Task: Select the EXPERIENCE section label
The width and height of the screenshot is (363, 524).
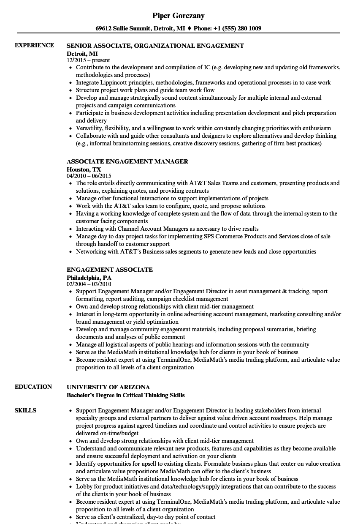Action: point(34,46)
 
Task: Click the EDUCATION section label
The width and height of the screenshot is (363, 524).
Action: point(33,387)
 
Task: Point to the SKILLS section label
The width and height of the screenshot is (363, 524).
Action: point(25,410)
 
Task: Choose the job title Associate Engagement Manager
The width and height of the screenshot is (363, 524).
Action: point(127,161)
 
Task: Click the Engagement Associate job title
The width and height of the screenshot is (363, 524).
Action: point(110,270)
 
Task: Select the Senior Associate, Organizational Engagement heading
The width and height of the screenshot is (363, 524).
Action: point(155,46)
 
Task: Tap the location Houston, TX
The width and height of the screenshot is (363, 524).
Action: point(84,169)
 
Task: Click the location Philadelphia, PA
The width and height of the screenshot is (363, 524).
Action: point(89,277)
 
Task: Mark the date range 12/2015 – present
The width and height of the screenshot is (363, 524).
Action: point(88,60)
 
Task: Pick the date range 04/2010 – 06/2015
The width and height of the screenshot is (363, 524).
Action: point(89,176)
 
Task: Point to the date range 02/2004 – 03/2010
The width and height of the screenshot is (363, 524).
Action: point(89,284)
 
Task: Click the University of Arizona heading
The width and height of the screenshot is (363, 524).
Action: point(108,387)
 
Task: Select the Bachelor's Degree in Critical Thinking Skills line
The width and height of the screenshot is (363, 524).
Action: point(126,396)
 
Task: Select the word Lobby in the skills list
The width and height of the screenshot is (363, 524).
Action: point(84,486)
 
